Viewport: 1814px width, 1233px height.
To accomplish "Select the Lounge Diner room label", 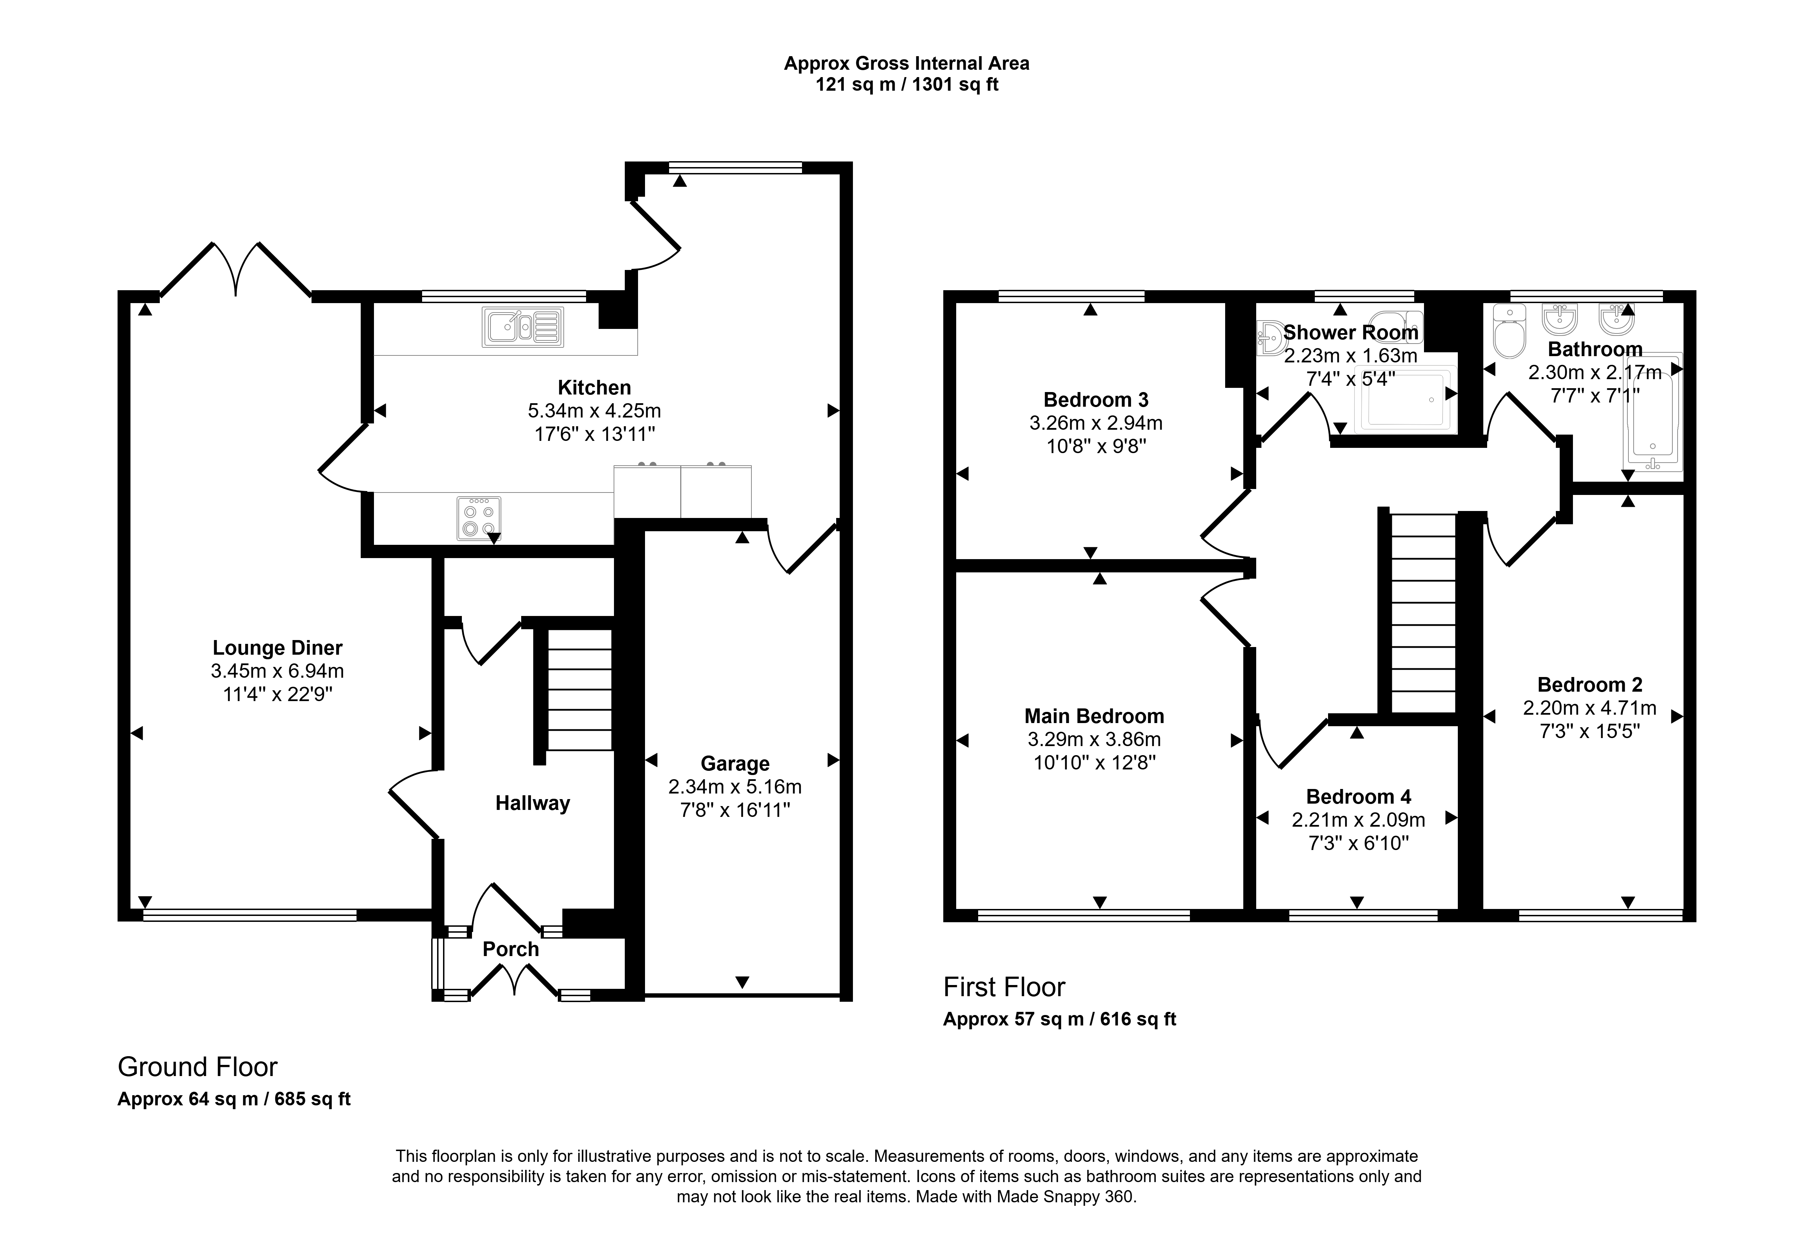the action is [278, 648].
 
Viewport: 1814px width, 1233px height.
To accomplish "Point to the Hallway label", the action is [532, 803].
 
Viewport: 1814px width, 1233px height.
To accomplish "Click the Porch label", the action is [510, 949].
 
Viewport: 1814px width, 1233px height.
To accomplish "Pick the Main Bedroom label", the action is [1094, 716].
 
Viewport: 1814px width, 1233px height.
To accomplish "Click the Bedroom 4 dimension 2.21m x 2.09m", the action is [1358, 819].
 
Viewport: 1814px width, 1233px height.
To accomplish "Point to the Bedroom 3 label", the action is [1096, 400].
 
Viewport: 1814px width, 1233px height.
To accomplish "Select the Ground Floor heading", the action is [197, 1067].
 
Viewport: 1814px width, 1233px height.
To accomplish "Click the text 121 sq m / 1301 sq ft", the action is [907, 84].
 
